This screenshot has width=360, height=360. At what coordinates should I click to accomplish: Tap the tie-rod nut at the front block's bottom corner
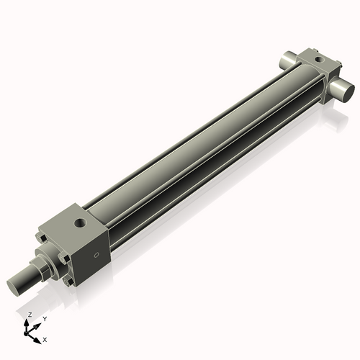(x=70, y=282)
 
